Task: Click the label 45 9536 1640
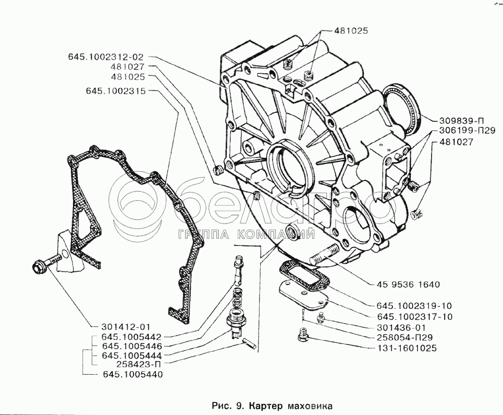[x=408, y=285]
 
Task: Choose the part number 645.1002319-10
[x=414, y=306]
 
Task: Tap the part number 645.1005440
[x=133, y=374]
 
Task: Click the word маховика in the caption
[x=308, y=404]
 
